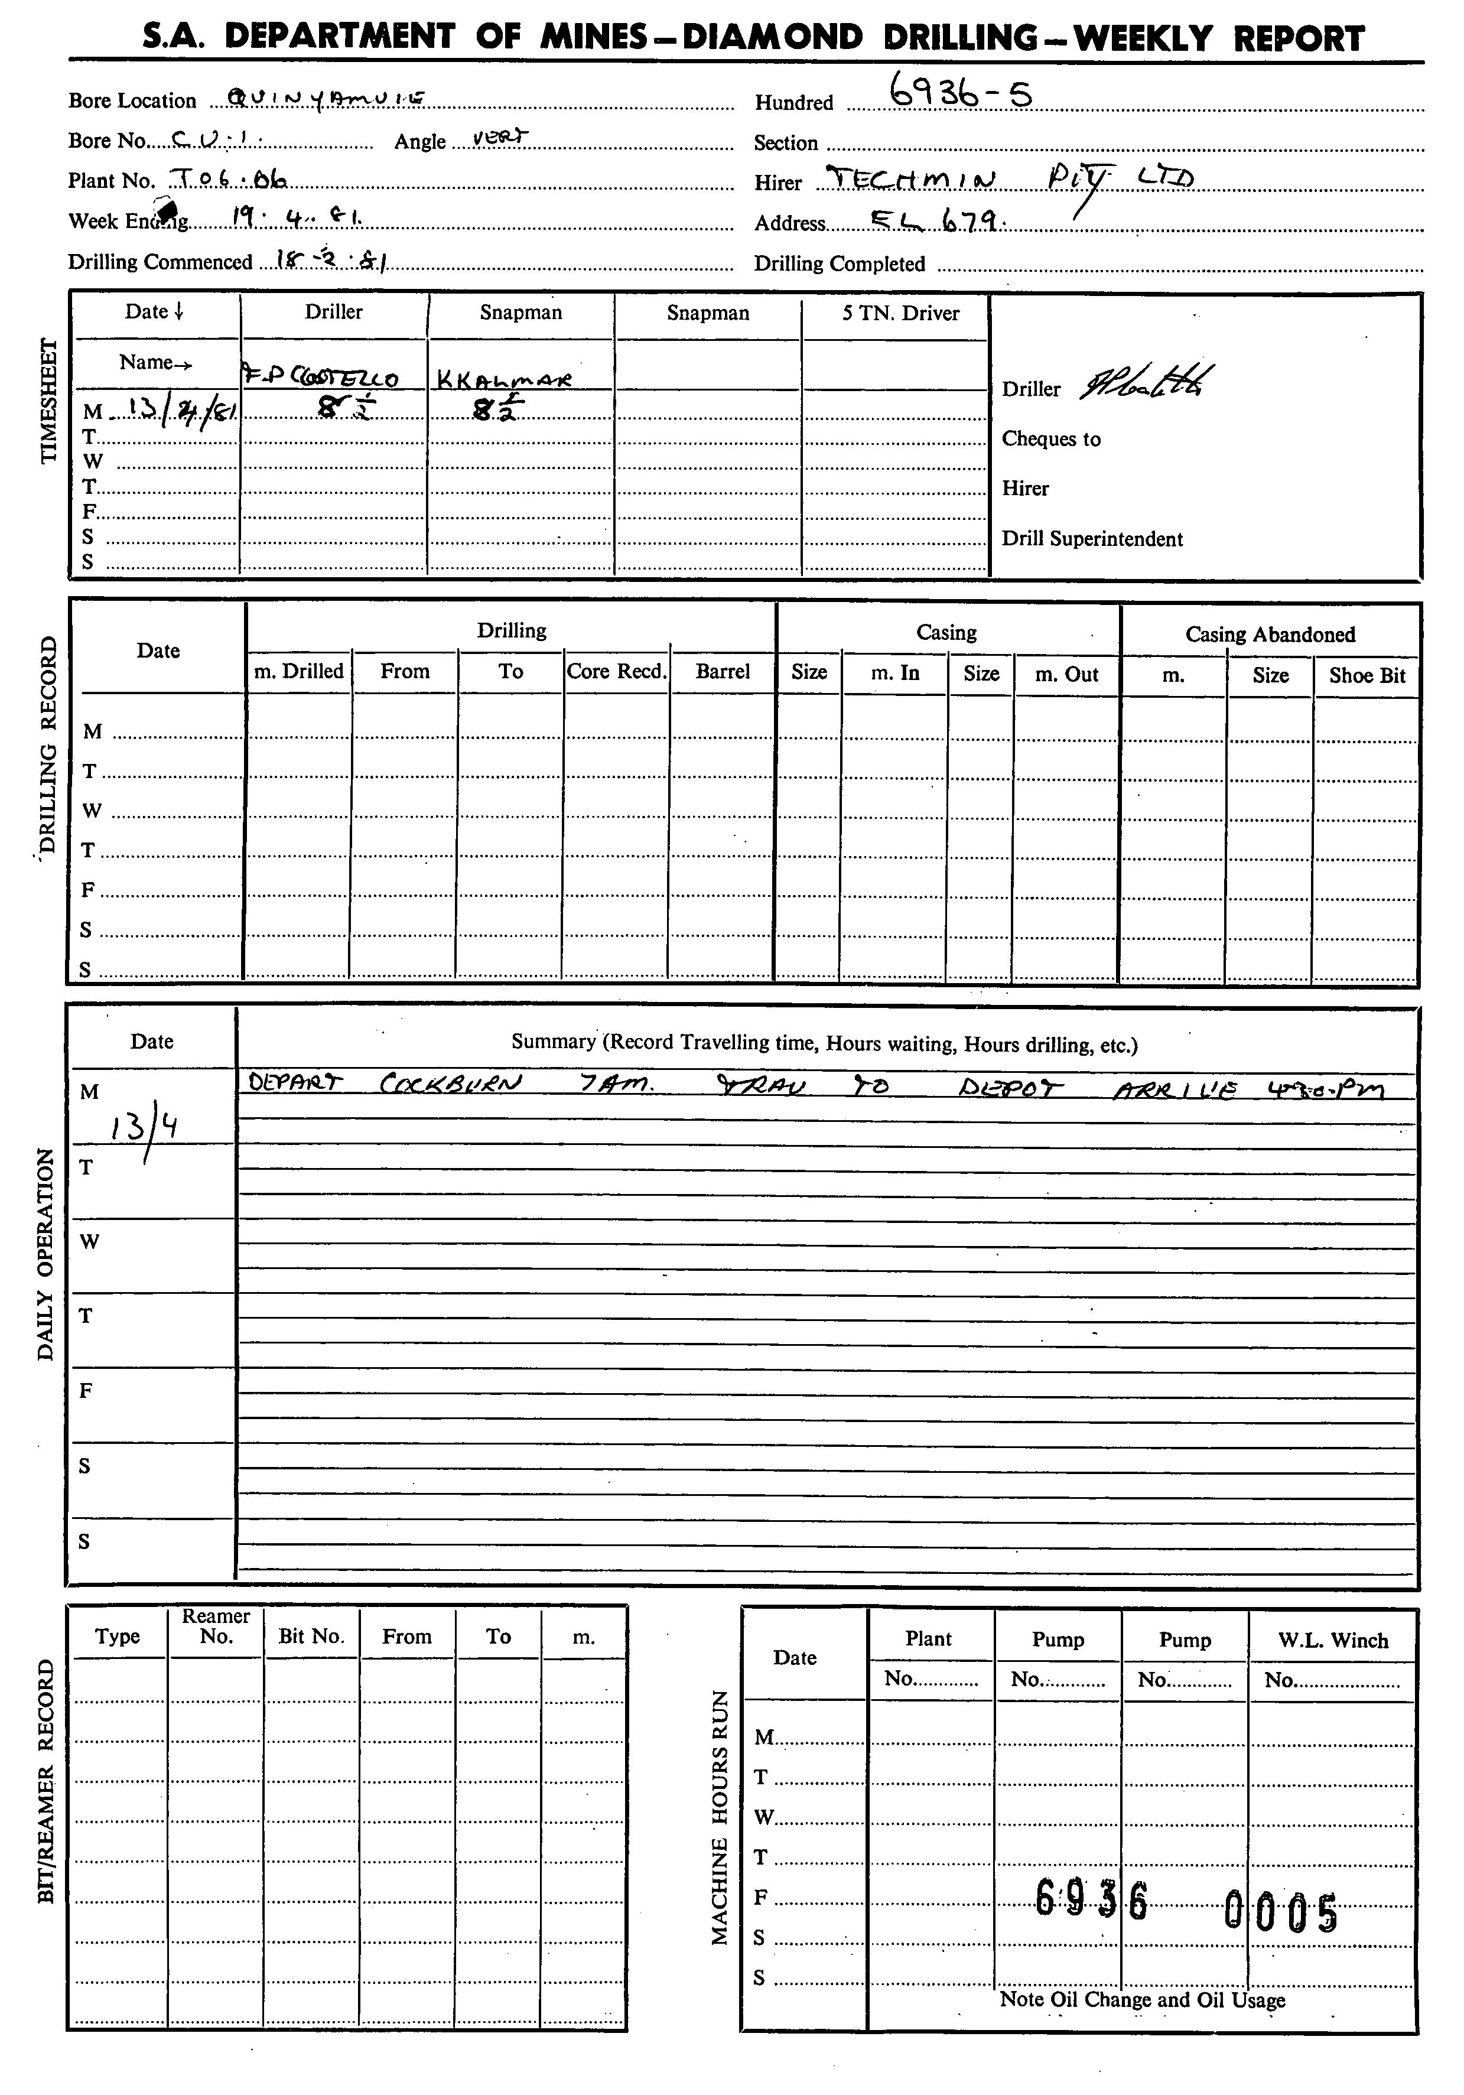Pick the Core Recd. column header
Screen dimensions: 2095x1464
click(616, 672)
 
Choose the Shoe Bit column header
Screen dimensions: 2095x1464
click(1367, 676)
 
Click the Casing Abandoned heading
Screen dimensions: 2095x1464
click(1270, 634)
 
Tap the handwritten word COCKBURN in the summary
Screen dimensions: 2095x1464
click(450, 1084)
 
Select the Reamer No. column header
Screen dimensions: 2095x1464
click(216, 1626)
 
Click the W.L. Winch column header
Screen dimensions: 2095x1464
click(1333, 1641)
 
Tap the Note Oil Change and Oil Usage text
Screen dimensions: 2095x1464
click(1142, 2000)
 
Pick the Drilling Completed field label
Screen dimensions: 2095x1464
click(839, 263)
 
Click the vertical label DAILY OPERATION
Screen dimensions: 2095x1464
click(45, 1255)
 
